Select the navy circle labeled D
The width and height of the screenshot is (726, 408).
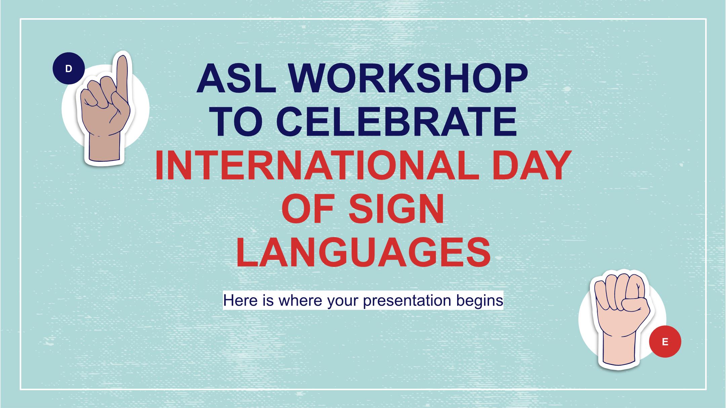click(69, 69)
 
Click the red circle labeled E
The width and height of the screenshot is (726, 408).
click(665, 342)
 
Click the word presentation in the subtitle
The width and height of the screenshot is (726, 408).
click(407, 301)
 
